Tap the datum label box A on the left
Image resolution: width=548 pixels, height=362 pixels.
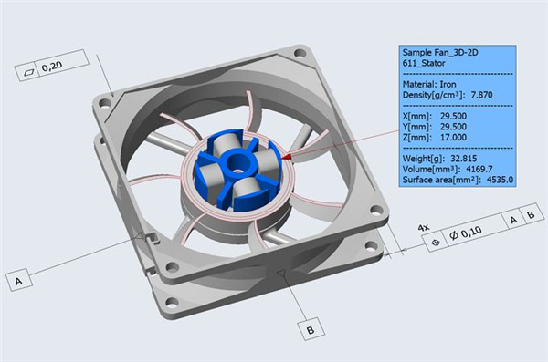tap(17, 282)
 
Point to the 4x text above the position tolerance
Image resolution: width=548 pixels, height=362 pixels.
tap(423, 224)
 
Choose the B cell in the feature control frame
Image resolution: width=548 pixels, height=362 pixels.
tap(535, 219)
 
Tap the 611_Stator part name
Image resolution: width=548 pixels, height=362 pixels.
tap(425, 65)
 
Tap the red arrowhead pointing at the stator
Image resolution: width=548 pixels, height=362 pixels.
tap(286, 158)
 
